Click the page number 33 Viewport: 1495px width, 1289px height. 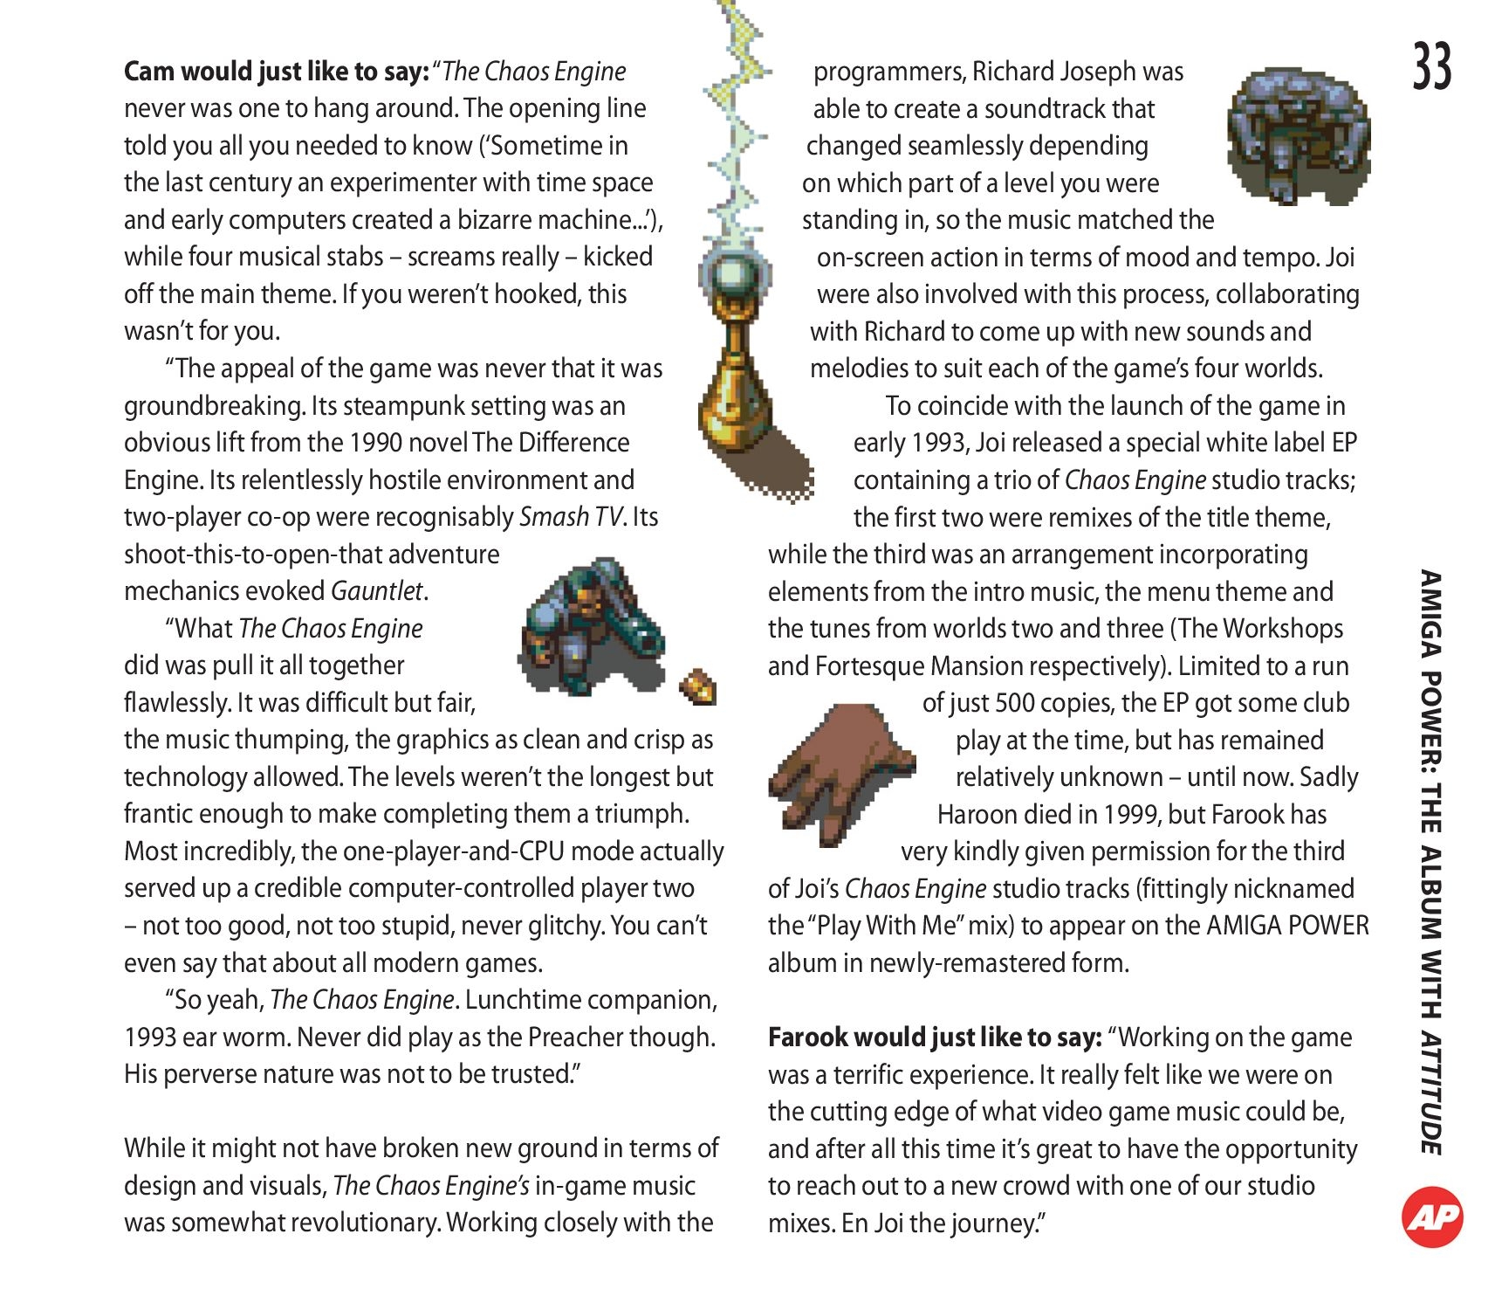point(1432,66)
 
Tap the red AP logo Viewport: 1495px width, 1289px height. point(1432,1217)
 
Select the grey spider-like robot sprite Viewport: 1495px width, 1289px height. point(1298,137)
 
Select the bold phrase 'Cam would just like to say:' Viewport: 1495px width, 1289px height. point(276,72)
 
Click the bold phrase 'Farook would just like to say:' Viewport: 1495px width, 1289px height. point(935,1037)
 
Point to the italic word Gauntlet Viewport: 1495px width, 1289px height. point(377,592)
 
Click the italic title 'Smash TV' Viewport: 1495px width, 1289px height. point(571,517)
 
